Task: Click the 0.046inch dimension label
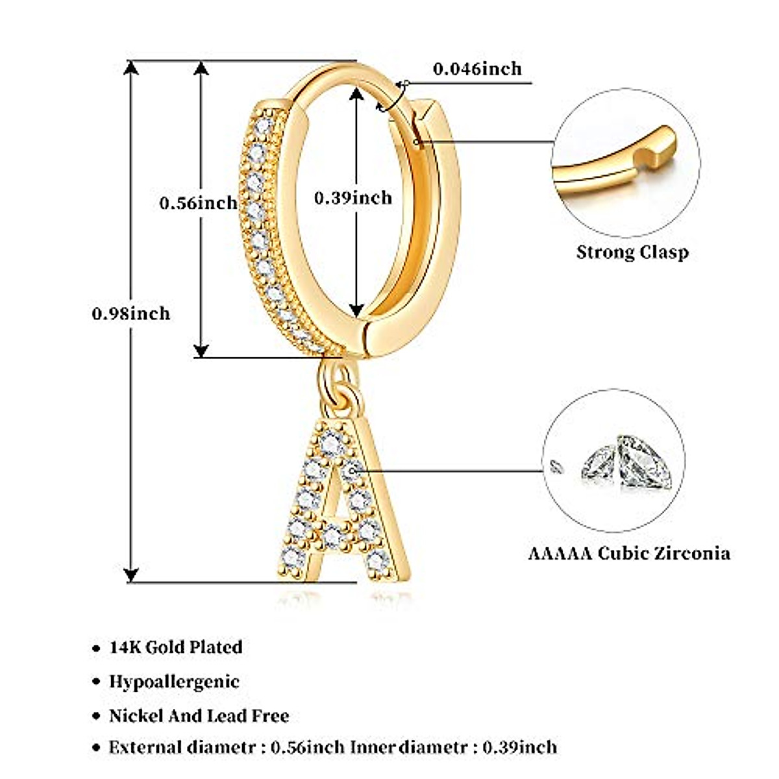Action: pyautogui.click(x=477, y=68)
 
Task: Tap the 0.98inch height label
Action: pyautogui.click(x=131, y=314)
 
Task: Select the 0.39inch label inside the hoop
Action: pyautogui.click(x=353, y=197)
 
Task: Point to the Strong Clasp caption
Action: pyautogui.click(x=632, y=252)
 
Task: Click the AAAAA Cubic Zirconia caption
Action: pyautogui.click(x=628, y=554)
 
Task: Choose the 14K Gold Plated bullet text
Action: pyautogui.click(x=176, y=647)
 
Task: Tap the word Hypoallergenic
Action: pyautogui.click(x=174, y=682)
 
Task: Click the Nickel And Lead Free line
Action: pyautogui.click(x=199, y=716)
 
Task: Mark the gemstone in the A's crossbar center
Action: pyautogui.click(x=333, y=535)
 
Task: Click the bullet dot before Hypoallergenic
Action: pyautogui.click(x=96, y=682)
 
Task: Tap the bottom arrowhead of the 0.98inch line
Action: pyautogui.click(x=132, y=575)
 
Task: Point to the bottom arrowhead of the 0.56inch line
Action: pyautogui.click(x=202, y=351)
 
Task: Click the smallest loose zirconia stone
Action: pyautogui.click(x=554, y=465)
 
